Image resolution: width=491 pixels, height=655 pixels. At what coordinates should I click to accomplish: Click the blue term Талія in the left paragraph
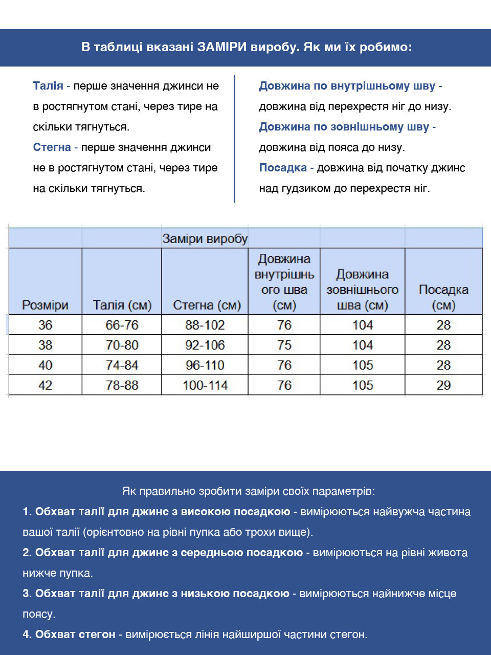[x=48, y=86]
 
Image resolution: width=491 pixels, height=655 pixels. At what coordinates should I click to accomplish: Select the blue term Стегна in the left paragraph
[x=52, y=147]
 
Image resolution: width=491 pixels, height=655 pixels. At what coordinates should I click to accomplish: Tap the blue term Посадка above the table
[x=283, y=168]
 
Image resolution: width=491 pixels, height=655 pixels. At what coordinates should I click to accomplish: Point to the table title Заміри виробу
[x=205, y=238]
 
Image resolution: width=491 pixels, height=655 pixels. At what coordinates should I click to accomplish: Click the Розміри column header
[x=45, y=305]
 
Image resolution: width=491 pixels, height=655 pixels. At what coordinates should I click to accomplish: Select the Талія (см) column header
[x=122, y=305]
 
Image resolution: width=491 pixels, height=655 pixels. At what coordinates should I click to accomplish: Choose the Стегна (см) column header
[x=207, y=305]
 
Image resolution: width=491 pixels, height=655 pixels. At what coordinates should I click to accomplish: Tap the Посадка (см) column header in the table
[x=443, y=297]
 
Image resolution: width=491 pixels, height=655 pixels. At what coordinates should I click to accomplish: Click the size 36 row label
[x=45, y=325]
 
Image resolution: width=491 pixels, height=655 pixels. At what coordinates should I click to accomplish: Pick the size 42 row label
[x=45, y=385]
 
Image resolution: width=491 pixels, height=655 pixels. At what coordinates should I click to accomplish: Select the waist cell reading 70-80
[x=122, y=345]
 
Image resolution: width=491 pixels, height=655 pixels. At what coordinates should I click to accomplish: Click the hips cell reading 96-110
[x=205, y=365]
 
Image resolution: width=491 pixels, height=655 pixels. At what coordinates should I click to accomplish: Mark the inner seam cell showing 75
[x=284, y=345]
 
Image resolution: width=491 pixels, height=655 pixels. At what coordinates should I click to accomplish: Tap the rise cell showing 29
[x=443, y=385]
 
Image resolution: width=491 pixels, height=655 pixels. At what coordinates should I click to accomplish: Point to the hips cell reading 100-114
[x=205, y=385]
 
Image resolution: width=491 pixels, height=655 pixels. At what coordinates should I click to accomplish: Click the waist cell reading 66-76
[x=122, y=325]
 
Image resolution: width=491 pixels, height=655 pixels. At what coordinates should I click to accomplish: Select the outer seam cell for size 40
[x=363, y=365]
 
